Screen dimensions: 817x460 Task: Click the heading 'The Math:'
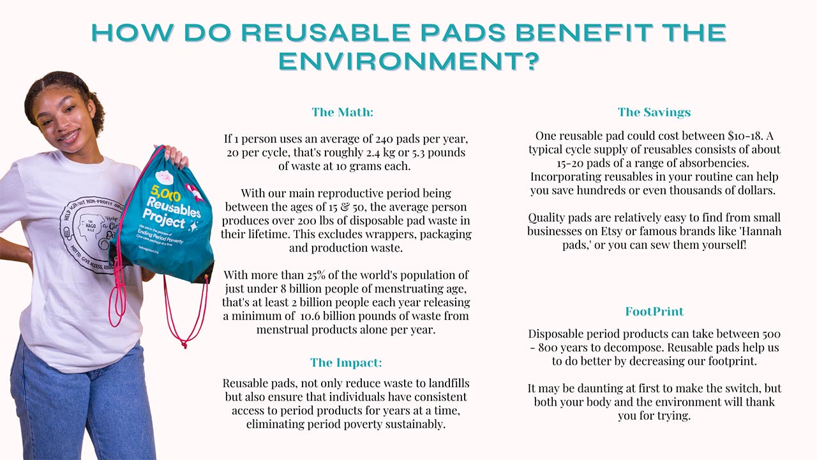click(x=343, y=112)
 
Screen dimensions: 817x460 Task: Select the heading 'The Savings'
click(x=654, y=112)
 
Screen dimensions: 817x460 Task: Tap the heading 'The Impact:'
click(x=346, y=362)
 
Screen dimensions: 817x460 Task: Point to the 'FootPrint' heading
click(x=654, y=311)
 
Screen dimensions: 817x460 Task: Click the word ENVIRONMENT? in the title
click(x=409, y=61)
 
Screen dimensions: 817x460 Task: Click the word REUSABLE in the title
click(x=326, y=33)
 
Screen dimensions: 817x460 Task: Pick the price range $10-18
click(x=745, y=136)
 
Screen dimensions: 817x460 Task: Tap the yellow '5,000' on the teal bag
click(x=165, y=193)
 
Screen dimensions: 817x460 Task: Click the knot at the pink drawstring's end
click(x=184, y=344)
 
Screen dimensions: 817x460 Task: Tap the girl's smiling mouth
click(x=69, y=137)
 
